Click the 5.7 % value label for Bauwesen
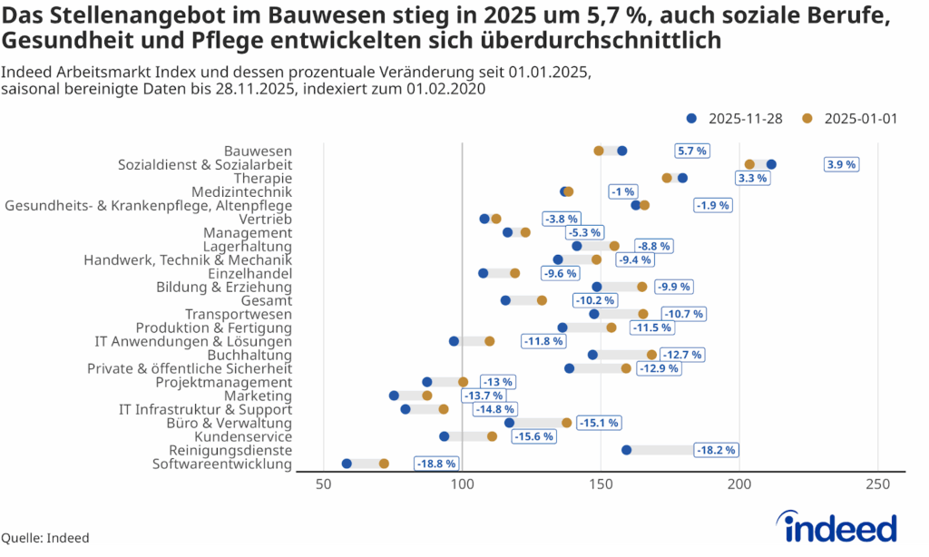click(691, 151)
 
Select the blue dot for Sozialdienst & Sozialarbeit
click(771, 164)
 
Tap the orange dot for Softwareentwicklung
click(384, 464)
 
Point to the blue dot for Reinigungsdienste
click(627, 450)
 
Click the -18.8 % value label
click(436, 464)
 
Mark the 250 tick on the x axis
click(877, 484)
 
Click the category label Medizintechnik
click(241, 191)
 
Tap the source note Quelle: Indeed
click(45, 538)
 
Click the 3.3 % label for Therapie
click(752, 178)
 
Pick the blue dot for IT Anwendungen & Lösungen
click(454, 341)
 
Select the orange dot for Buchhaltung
click(651, 355)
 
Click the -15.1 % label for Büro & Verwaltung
click(600, 423)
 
